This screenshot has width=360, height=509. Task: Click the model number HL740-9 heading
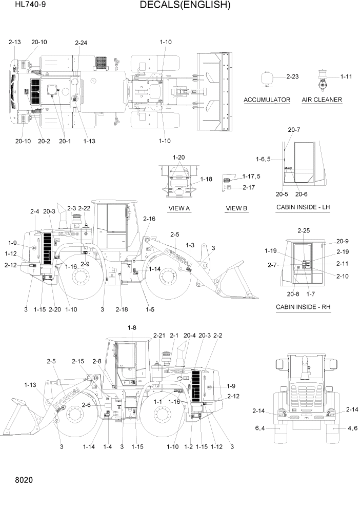pos(23,6)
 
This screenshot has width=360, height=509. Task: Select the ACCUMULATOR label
pos(267,100)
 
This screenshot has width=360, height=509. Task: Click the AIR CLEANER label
pos(322,100)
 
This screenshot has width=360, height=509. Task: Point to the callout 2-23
pos(292,76)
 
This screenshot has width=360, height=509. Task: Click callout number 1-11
pos(346,76)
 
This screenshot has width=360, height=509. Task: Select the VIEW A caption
pos(179,208)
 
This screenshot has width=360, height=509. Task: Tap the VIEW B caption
pos(236,208)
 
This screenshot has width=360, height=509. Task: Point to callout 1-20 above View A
pos(179,157)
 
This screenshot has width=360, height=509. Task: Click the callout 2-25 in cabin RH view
pos(304,231)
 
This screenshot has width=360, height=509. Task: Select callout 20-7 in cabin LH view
pos(294,130)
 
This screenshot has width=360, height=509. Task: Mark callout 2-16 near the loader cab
pos(149,219)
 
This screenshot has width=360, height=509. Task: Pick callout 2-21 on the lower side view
pos(159,335)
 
